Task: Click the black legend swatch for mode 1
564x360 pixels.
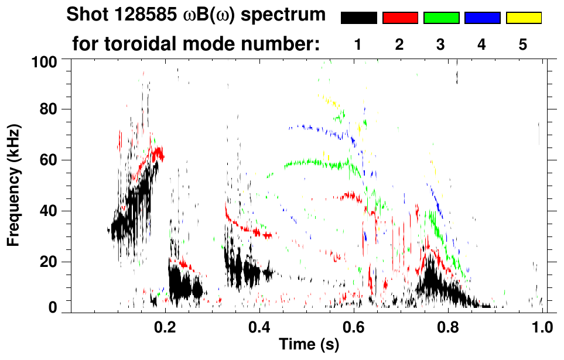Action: click(x=358, y=18)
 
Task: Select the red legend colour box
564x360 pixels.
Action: click(x=400, y=18)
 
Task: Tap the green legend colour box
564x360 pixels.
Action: click(x=441, y=18)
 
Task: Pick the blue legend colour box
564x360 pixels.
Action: click(x=482, y=18)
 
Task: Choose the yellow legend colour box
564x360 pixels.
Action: click(x=523, y=18)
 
